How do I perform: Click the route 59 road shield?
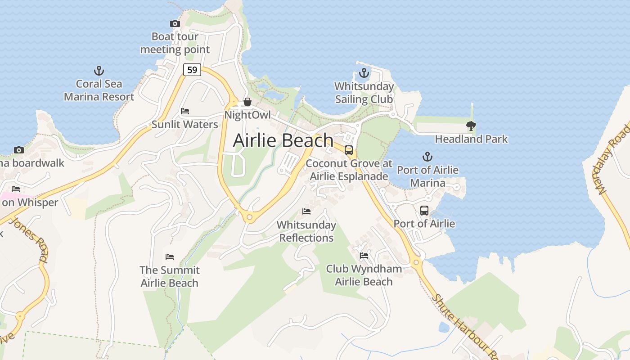192,70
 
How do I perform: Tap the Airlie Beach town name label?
283,140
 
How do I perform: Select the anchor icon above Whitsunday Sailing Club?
364,73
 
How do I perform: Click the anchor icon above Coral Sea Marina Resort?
99,71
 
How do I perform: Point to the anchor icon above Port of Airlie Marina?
427,157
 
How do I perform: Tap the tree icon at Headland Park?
471,126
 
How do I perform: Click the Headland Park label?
471,139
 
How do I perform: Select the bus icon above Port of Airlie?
424,210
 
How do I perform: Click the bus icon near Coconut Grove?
349,150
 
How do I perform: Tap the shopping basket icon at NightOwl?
247,102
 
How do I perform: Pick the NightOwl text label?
247,115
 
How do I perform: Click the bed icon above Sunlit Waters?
184,111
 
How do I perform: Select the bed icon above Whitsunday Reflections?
306,211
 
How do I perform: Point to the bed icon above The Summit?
169,257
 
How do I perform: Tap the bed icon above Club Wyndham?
364,256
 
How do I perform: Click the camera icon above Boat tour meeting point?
175,23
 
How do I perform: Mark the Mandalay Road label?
613,159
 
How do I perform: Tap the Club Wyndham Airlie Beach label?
364,275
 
